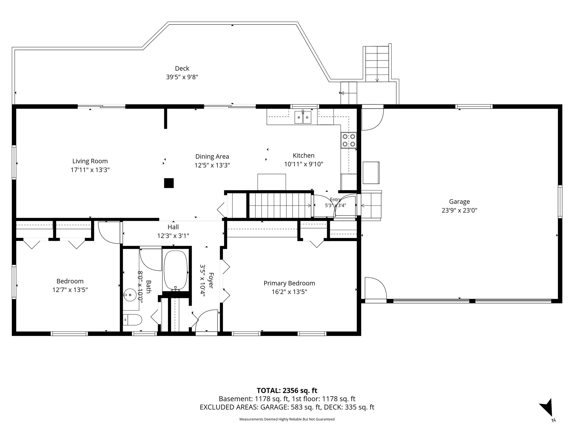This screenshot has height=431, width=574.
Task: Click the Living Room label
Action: (x=90, y=161)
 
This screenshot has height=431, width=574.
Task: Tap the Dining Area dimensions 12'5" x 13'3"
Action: (x=212, y=165)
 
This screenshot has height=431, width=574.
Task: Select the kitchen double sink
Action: (x=303, y=117)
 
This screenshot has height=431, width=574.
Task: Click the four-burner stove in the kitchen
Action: (x=349, y=140)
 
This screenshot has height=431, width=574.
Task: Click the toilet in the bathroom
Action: (x=132, y=319)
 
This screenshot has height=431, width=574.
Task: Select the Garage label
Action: (x=459, y=201)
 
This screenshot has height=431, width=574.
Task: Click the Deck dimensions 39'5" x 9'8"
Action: (x=182, y=77)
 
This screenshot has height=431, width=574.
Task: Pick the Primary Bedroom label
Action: (x=289, y=283)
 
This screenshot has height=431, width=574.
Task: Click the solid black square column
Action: (x=169, y=183)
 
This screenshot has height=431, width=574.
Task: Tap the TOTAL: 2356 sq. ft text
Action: (x=287, y=390)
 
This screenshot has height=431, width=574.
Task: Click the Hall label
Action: (x=173, y=227)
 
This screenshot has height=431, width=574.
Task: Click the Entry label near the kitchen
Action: (x=335, y=200)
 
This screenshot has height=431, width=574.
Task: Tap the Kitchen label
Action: (x=304, y=155)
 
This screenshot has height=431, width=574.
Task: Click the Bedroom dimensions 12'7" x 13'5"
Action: (x=70, y=290)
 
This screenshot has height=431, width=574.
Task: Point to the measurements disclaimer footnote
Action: (x=287, y=419)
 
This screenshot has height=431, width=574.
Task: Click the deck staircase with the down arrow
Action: (x=377, y=64)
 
